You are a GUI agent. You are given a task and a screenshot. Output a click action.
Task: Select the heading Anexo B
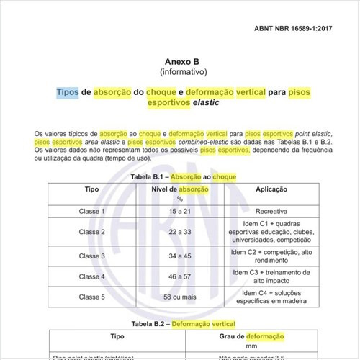183,62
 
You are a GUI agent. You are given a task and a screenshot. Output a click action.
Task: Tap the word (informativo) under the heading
183,73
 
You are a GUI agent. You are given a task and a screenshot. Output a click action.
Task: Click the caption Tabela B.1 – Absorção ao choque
183,176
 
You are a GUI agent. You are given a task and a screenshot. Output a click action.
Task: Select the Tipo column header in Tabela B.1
92,189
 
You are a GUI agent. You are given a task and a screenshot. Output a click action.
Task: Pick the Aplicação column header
272,189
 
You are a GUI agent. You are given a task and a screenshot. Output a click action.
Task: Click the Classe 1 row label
92,211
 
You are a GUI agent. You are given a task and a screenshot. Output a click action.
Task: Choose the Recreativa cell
272,211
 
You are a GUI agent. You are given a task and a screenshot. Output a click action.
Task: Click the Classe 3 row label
92,256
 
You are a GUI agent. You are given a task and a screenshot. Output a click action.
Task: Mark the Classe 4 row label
92,276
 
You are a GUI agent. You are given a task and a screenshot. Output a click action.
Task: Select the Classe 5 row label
92,297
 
